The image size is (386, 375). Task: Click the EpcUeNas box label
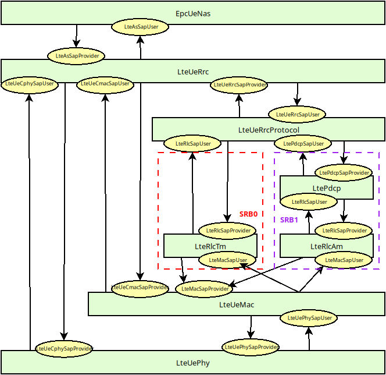(193, 13)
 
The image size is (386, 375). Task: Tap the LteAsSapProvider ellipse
(76, 56)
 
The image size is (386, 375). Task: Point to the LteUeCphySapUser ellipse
(30, 84)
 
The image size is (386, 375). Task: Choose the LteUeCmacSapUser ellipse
(105, 84)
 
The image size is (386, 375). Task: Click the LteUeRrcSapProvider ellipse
(239, 85)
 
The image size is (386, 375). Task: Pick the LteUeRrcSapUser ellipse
(297, 114)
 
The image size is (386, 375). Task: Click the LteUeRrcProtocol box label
(269, 130)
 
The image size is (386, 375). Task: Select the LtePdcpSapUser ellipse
(303, 143)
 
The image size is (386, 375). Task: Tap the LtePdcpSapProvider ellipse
(344, 172)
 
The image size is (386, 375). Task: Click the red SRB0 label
(248, 214)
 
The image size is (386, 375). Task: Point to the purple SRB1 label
(289, 220)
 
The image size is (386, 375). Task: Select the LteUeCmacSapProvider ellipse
(140, 287)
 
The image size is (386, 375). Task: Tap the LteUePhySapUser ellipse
(309, 318)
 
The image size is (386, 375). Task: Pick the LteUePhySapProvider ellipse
(251, 347)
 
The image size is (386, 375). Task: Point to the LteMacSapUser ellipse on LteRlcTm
(228, 260)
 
